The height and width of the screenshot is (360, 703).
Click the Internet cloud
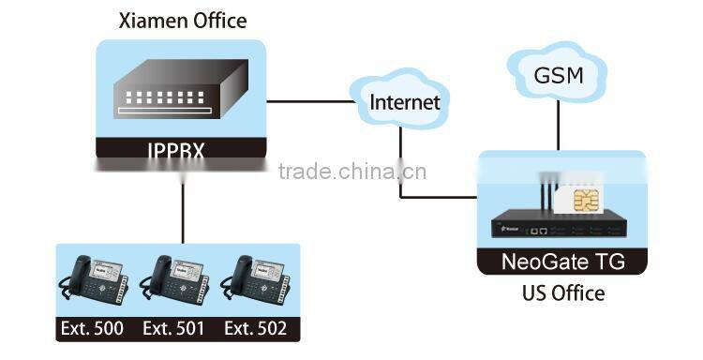coord(404,101)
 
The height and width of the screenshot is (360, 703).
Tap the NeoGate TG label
coord(562,262)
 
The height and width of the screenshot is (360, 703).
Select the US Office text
coord(562,293)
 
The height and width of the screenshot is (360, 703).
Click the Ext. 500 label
coord(95,328)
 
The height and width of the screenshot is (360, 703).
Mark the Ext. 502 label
coord(255,328)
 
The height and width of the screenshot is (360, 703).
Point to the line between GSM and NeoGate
coord(559,126)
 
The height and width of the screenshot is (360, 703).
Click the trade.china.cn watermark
coord(352,172)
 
